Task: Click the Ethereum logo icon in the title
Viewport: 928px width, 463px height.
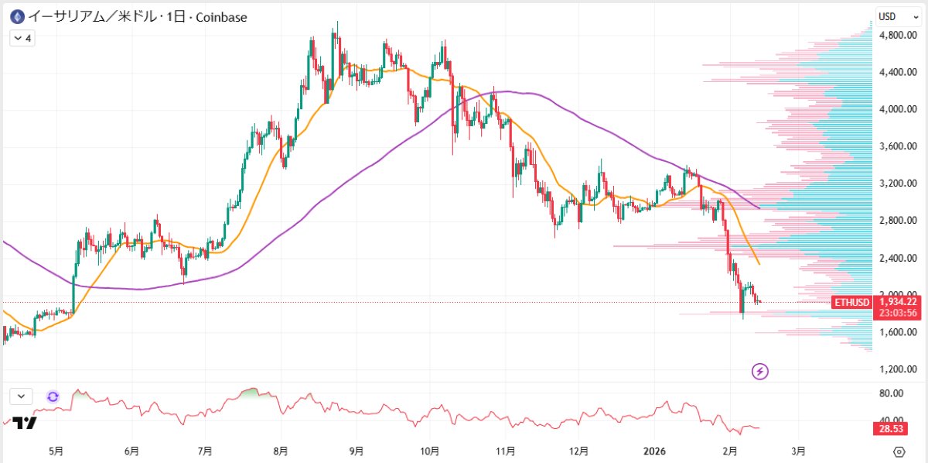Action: click(x=15, y=16)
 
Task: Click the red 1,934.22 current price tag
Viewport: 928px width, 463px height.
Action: click(x=898, y=302)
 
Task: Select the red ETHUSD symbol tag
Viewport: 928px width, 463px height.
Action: click(x=851, y=302)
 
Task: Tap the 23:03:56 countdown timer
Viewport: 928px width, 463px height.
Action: click(x=898, y=313)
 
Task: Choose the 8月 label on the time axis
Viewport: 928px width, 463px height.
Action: click(x=281, y=449)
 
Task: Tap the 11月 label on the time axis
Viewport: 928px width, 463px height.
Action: click(x=506, y=449)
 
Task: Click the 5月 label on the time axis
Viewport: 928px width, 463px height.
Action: click(x=56, y=449)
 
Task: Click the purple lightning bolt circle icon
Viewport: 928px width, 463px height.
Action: click(x=760, y=372)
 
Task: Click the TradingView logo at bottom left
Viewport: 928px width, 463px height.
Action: click(x=25, y=423)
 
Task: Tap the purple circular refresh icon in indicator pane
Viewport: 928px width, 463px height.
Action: click(x=53, y=396)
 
